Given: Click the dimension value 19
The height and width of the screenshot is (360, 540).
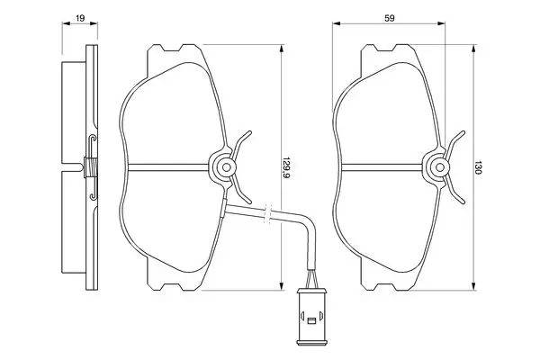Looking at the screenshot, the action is click(x=80, y=18).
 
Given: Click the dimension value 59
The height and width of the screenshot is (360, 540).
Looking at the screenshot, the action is click(x=389, y=18).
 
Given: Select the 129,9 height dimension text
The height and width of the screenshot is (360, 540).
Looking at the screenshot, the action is click(x=285, y=167).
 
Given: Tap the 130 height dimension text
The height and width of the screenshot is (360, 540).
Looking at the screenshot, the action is click(x=478, y=167).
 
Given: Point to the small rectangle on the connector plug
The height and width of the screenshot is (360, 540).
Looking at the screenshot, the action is click(x=311, y=321).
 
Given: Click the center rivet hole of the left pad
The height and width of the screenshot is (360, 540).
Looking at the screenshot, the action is click(x=226, y=167).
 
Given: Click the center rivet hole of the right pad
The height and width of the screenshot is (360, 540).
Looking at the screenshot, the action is click(x=440, y=167).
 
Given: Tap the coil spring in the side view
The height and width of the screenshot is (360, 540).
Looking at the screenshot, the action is click(x=90, y=167).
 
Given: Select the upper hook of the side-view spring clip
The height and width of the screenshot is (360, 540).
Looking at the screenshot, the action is click(x=93, y=139).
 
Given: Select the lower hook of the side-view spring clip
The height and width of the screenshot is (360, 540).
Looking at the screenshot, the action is click(x=93, y=196).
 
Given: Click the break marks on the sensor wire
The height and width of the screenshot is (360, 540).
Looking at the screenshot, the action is click(x=268, y=213).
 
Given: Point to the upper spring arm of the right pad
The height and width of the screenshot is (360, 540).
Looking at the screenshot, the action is click(x=454, y=142).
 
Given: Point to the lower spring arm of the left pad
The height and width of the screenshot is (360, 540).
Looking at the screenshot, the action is click(x=241, y=192).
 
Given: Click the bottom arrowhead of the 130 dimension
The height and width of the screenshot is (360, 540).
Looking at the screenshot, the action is click(x=474, y=286).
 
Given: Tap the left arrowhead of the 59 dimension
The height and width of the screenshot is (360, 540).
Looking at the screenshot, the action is click(x=337, y=23).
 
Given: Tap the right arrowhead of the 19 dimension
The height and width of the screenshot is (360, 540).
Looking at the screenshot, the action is click(x=94, y=23).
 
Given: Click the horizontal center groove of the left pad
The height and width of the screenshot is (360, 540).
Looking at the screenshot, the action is click(x=168, y=167).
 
